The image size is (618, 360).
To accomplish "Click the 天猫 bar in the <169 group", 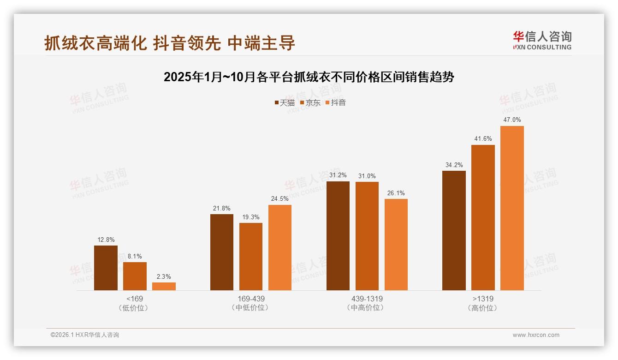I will (x=106, y=268).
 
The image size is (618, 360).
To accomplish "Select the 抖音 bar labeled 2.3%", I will (x=164, y=286).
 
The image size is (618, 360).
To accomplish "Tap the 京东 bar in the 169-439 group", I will (x=250, y=257).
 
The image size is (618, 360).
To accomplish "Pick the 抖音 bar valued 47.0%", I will (x=512, y=208).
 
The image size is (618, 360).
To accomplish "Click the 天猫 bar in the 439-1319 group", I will (x=338, y=236).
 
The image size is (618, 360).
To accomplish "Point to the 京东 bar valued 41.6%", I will (x=483, y=217).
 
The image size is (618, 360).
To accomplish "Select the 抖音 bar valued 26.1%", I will (x=396, y=245).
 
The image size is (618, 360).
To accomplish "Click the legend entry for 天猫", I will (x=285, y=103).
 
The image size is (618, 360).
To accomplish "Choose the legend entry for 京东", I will (x=310, y=103).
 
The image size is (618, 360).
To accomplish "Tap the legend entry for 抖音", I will (x=336, y=103).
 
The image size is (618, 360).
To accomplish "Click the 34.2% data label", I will (x=454, y=165).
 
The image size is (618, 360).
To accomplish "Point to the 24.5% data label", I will (x=279, y=199).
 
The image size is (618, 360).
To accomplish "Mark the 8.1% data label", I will (x=135, y=256).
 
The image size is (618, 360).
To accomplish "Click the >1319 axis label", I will (x=483, y=299).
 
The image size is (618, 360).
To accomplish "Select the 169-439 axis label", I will (x=251, y=299).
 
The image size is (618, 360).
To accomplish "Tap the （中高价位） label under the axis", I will (x=367, y=308).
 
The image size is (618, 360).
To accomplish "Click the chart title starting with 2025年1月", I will (x=309, y=77).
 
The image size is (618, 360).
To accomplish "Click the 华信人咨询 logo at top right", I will (x=542, y=41).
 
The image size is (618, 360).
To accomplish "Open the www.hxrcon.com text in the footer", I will (x=536, y=335).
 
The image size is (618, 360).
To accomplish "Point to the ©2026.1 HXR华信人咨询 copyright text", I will (x=85, y=335).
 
